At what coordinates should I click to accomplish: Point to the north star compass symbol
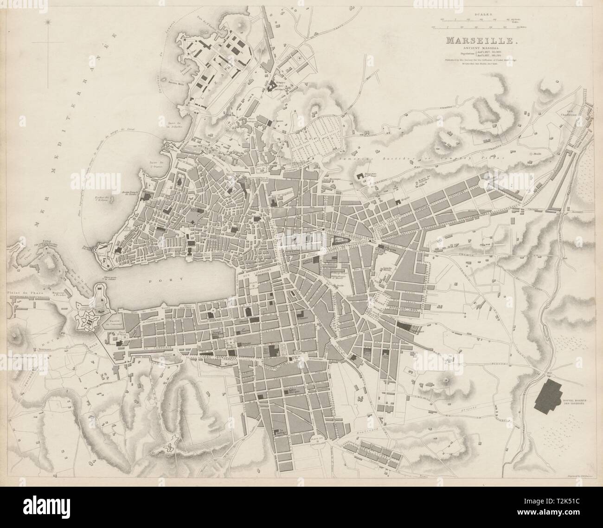coord(48,21)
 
